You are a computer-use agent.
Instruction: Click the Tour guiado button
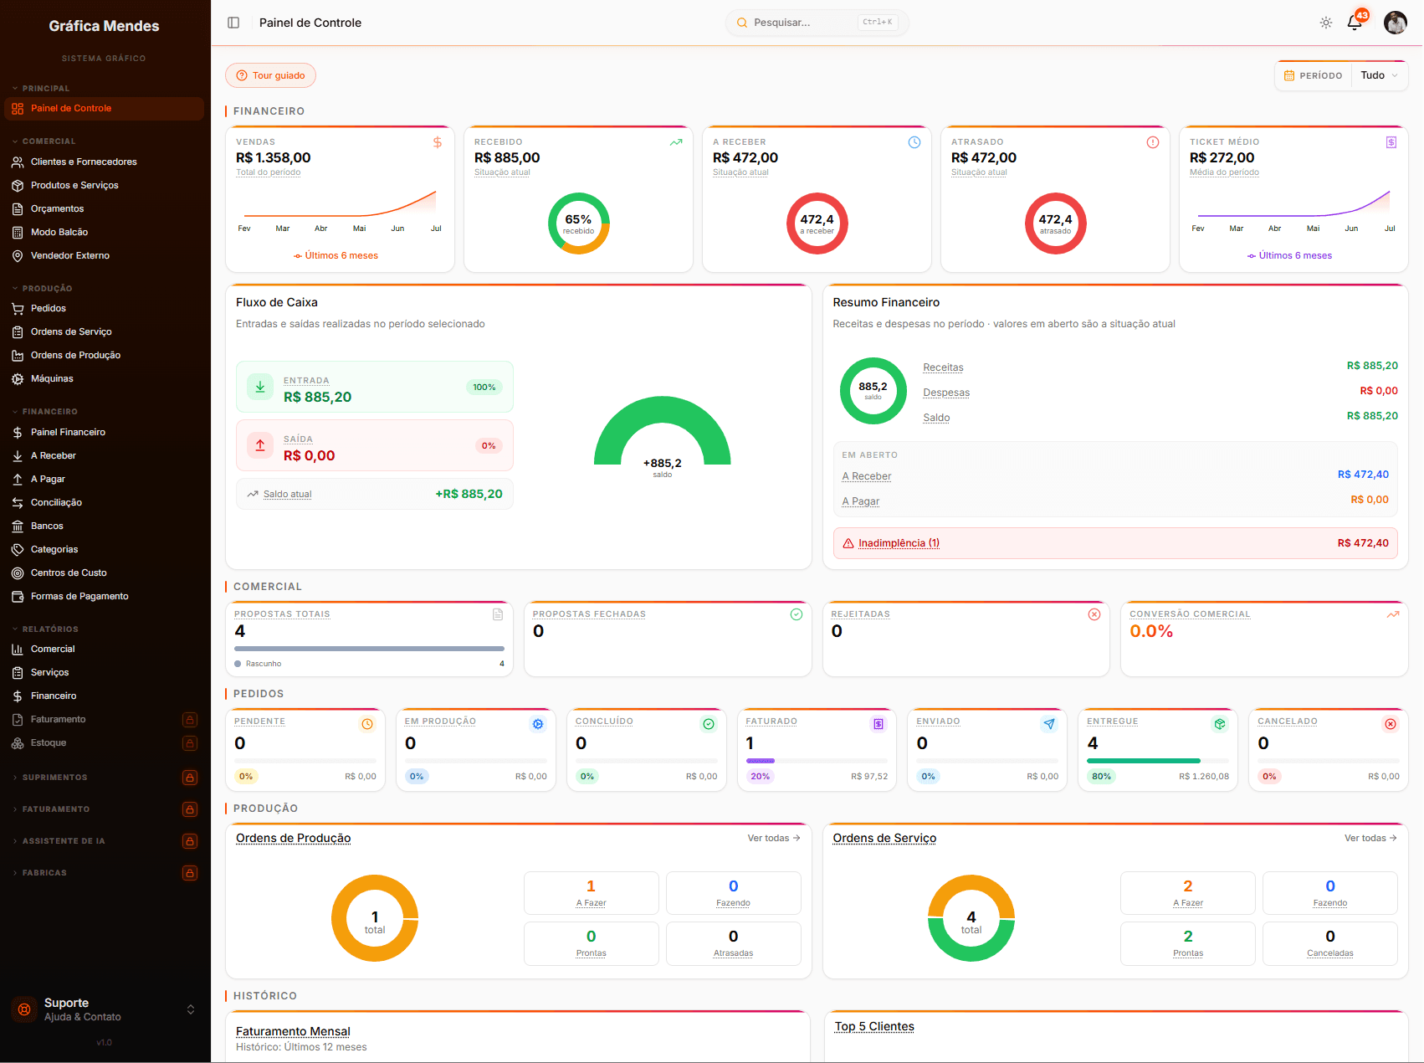pyautogui.click(x=270, y=75)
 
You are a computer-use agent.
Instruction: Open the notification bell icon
pyautogui.click(x=1355, y=23)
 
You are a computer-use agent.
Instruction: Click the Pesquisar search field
pyautogui.click(x=817, y=23)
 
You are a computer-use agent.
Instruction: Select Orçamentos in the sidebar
pyautogui.click(x=57, y=209)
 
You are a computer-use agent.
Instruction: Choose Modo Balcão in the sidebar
pyautogui.click(x=59, y=233)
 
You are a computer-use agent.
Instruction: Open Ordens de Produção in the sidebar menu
pyautogui.click(x=75, y=356)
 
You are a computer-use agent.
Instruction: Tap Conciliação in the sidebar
pyautogui.click(x=56, y=503)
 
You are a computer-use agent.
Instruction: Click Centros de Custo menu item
pyautogui.click(x=69, y=573)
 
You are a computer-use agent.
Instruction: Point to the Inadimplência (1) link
pyautogui.click(x=899, y=543)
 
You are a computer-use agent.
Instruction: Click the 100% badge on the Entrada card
pyautogui.click(x=484, y=388)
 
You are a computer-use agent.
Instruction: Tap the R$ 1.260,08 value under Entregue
pyautogui.click(x=1204, y=777)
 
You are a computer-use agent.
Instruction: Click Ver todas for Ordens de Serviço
pyautogui.click(x=1370, y=838)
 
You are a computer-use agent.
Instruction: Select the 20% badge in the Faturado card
pyautogui.click(x=760, y=777)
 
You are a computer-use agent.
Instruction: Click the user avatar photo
pyautogui.click(x=1396, y=23)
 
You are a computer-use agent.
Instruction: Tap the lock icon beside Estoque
pyautogui.click(x=190, y=743)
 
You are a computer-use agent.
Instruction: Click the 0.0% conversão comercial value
pyautogui.click(x=1151, y=632)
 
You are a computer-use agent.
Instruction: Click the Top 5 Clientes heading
pyautogui.click(x=874, y=1027)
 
